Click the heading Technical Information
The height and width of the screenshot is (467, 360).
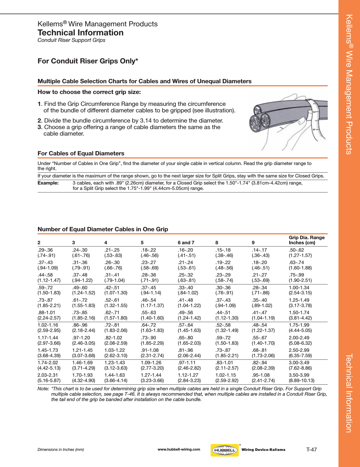point(80,33)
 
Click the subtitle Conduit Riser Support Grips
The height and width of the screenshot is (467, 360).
point(71,40)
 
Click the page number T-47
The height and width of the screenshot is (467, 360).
point(312,449)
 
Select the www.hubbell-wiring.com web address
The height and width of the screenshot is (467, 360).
point(179,449)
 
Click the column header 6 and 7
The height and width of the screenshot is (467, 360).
point(186,243)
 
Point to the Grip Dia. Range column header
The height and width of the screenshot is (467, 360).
point(306,240)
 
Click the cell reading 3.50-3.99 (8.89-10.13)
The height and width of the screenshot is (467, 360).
point(301,378)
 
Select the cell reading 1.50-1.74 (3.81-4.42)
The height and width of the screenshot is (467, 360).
point(300,315)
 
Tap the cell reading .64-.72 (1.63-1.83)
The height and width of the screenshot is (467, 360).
point(152,327)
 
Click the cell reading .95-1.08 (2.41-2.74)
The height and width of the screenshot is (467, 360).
point(263,378)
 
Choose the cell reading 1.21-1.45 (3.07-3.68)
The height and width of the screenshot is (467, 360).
point(84,353)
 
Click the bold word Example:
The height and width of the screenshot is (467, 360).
point(48,183)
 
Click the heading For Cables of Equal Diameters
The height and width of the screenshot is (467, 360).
point(81,153)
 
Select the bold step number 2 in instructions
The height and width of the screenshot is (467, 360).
point(39,121)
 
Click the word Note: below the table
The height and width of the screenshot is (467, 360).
point(43,389)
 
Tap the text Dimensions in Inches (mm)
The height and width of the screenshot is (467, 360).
point(61,449)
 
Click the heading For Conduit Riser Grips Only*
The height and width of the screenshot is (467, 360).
point(88,61)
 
